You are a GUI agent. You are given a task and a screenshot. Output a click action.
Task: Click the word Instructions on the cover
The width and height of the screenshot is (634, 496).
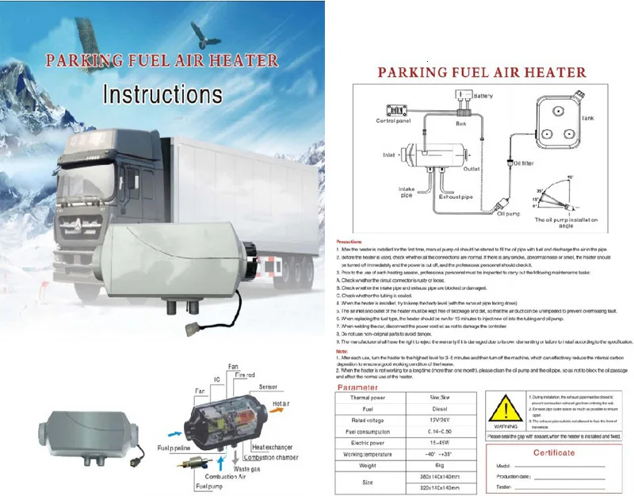coord(163,94)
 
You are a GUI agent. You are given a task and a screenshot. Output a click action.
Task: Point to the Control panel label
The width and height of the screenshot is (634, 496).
coord(393,121)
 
